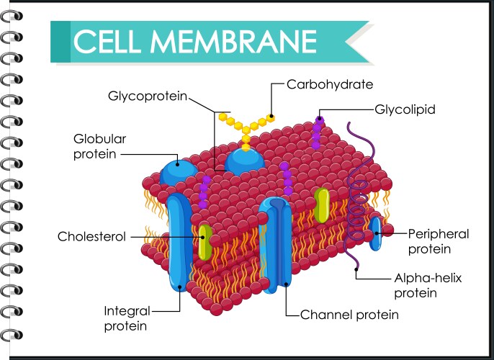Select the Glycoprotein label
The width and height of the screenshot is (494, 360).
[x=147, y=95]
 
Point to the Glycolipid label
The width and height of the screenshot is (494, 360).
[x=405, y=109]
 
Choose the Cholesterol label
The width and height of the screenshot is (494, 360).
[x=91, y=235]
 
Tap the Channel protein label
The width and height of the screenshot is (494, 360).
[x=349, y=315]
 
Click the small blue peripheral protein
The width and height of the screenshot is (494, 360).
[x=375, y=234]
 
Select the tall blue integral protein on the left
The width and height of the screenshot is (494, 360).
[x=176, y=245]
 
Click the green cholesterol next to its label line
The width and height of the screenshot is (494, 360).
[x=205, y=242]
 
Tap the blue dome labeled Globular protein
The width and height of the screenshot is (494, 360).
[x=177, y=173]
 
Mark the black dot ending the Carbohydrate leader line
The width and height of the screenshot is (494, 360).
[x=271, y=114]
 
